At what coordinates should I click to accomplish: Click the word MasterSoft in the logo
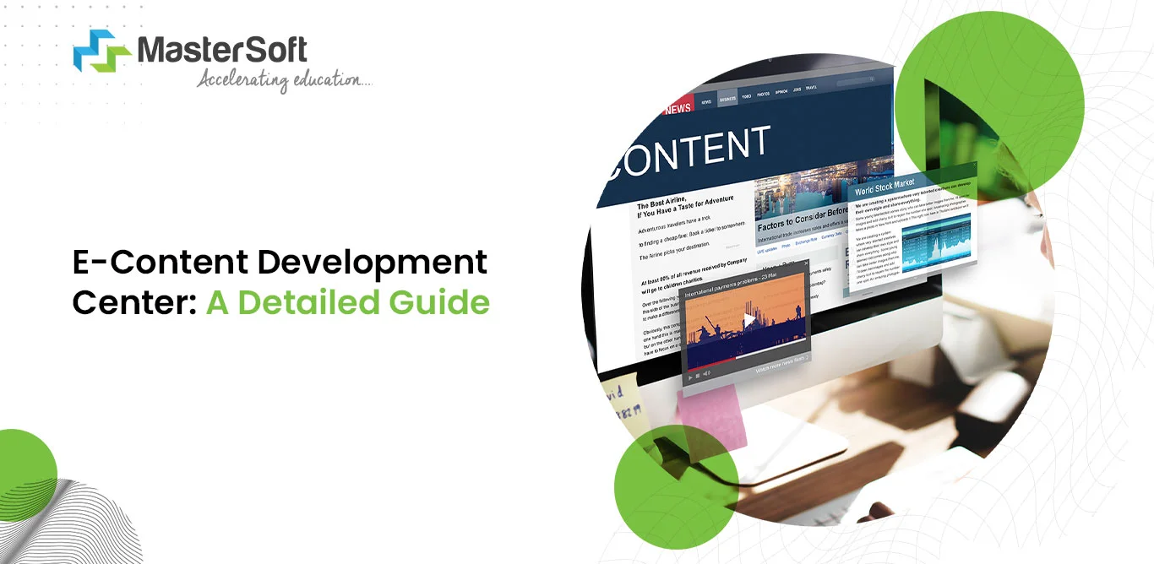tap(223, 51)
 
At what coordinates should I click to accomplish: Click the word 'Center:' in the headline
tap(133, 301)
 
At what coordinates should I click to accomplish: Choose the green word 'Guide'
tap(449, 301)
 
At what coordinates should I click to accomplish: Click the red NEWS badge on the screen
tap(678, 108)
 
